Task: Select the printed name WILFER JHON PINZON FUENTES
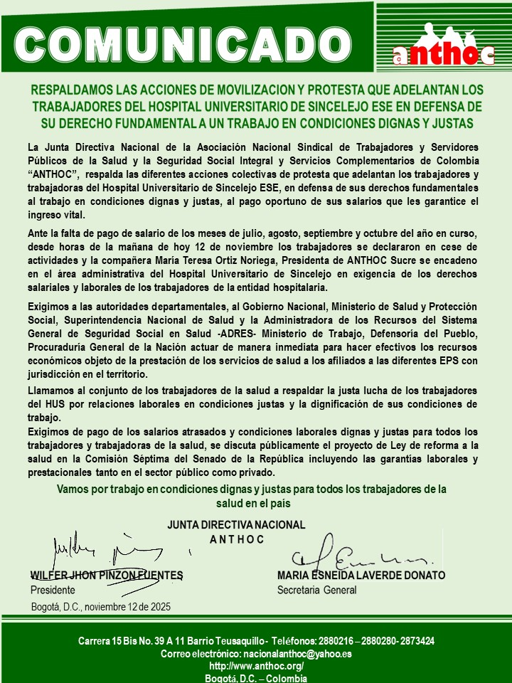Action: tap(107, 575)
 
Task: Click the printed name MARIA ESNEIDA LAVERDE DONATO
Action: tap(361, 575)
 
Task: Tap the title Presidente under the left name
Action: tap(53, 590)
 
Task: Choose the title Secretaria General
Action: tap(316, 590)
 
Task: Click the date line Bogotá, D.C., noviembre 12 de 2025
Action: tap(100, 607)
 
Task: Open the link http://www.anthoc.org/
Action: tap(256, 666)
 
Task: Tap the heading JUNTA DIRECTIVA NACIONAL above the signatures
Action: tap(236, 525)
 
